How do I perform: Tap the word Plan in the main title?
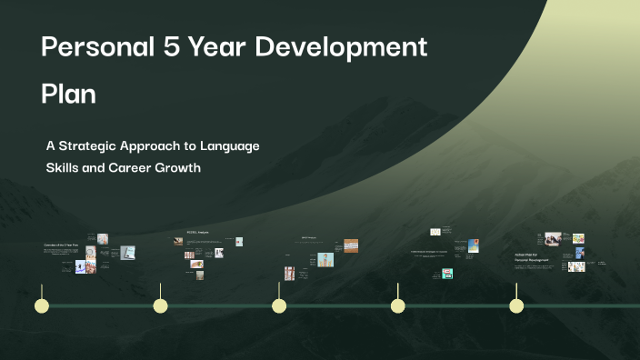68,94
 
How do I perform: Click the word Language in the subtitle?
228,145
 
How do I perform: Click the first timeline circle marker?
42,305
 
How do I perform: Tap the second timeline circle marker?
160,305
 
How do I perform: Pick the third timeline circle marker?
279,305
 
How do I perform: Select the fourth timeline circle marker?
397,305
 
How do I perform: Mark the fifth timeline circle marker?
516,305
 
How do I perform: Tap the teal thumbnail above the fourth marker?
447,273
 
